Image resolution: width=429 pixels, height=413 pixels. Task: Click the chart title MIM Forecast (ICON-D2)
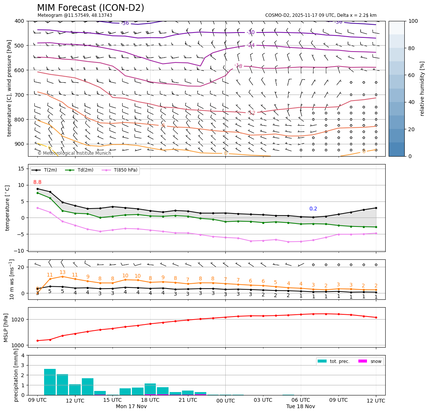click(90, 8)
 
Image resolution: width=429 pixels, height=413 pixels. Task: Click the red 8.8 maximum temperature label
click(37, 182)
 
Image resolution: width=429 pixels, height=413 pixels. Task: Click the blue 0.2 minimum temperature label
click(313, 209)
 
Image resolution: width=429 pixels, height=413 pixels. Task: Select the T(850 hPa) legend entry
click(124, 170)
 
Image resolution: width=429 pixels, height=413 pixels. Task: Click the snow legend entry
click(376, 361)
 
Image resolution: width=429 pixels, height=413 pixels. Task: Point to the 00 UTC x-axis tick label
click(225, 401)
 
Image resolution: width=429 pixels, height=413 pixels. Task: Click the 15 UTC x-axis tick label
click(112, 400)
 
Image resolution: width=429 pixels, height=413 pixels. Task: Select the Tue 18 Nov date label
click(300, 407)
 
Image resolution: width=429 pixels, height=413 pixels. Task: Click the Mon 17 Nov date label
click(131, 407)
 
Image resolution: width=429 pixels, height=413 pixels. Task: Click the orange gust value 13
click(62, 272)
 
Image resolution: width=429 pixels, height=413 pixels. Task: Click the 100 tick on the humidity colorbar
click(413, 21)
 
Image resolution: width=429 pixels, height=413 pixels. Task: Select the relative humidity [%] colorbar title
click(422, 89)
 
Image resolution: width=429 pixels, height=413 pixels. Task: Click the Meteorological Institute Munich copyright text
click(74, 153)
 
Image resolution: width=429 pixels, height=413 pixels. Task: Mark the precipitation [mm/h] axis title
click(16, 375)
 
